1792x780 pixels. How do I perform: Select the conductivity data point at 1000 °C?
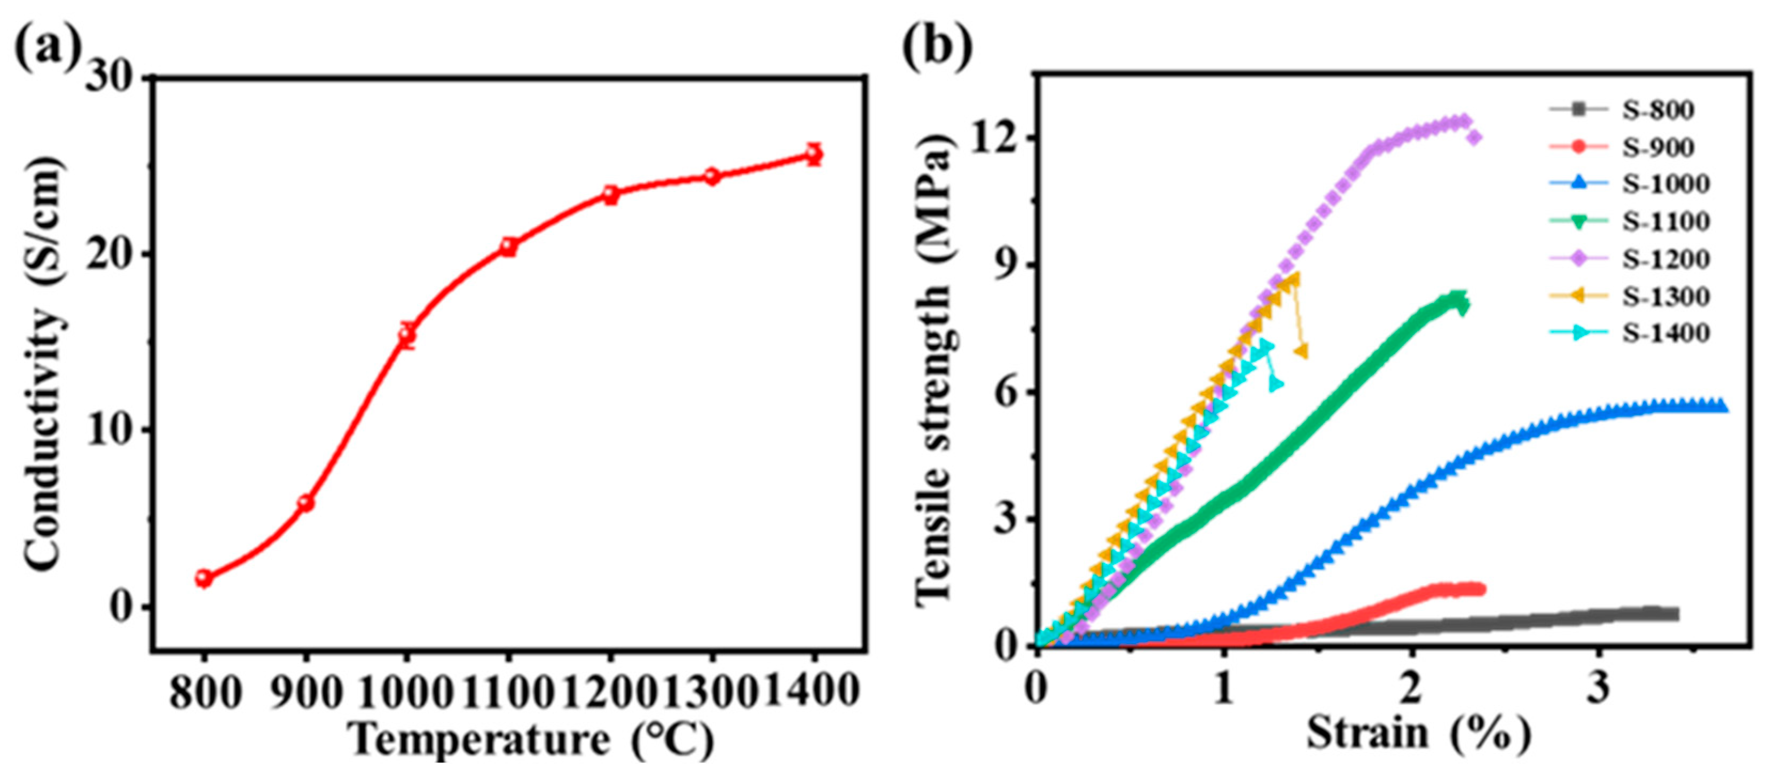407,335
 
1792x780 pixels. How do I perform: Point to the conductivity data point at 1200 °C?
611,195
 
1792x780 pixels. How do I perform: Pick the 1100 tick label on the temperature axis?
508,693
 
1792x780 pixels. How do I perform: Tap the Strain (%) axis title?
1419,734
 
